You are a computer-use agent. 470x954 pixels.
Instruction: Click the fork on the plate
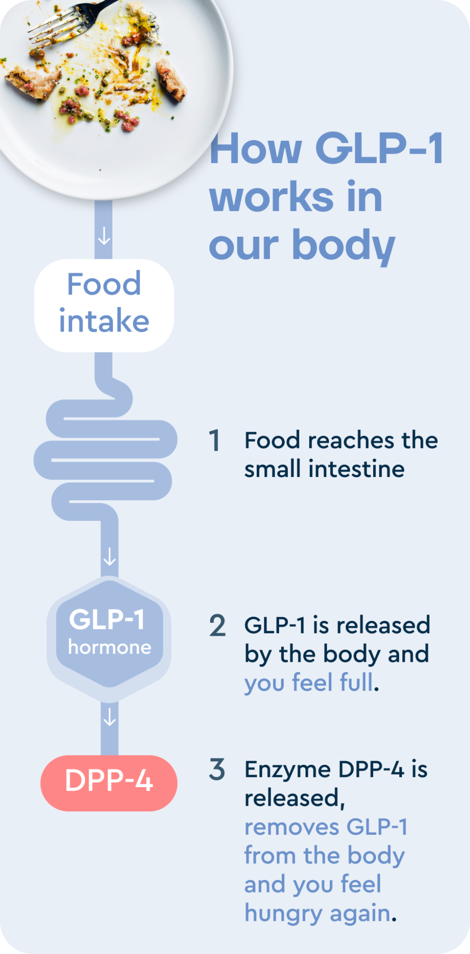pyautogui.click(x=70, y=19)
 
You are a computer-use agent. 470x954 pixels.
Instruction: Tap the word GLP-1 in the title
pyautogui.click(x=379, y=149)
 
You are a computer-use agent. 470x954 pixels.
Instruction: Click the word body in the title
pyautogui.click(x=343, y=245)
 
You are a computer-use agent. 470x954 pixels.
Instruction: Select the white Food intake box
pyautogui.click(x=104, y=305)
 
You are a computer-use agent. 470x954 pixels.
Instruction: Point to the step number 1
pyautogui.click(x=215, y=441)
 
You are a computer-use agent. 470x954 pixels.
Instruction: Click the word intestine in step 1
pyautogui.click(x=356, y=469)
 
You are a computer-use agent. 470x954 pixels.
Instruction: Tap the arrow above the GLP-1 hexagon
pyautogui.click(x=109, y=556)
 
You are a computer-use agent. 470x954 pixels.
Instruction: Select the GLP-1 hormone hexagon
pyautogui.click(x=109, y=638)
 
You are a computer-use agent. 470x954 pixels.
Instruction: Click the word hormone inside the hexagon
pyautogui.click(x=109, y=647)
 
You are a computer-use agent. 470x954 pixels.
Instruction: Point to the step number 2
pyautogui.click(x=217, y=626)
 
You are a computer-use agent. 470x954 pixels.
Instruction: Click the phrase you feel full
pyautogui.click(x=309, y=683)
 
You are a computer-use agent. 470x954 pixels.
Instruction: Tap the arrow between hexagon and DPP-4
pyautogui.click(x=109, y=717)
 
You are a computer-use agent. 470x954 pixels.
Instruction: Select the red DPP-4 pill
pyautogui.click(x=109, y=783)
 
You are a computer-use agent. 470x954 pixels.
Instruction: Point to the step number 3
pyautogui.click(x=217, y=769)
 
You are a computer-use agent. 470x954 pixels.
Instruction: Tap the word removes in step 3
pyautogui.click(x=292, y=827)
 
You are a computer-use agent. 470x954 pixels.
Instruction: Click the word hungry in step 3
pyautogui.click(x=283, y=914)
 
